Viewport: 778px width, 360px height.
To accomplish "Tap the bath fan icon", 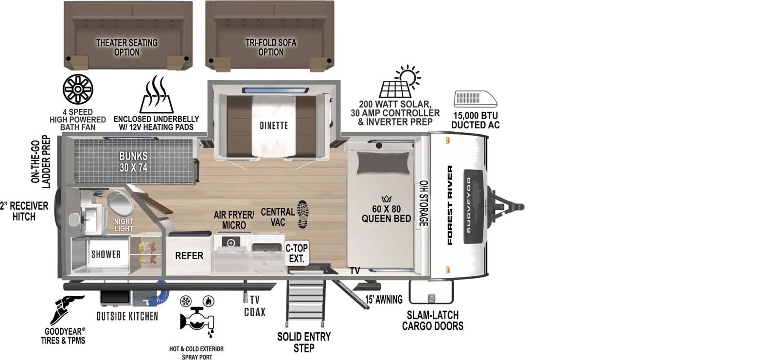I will pos(78,90).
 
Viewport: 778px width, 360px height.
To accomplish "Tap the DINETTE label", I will pos(273,126).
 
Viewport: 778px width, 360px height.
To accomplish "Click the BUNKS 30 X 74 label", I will pos(133,162).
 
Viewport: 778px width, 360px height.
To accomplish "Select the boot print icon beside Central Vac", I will pos(302,214).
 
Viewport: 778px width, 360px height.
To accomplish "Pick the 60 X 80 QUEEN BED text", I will pos(386,214).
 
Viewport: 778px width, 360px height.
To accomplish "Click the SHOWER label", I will pos(106,254).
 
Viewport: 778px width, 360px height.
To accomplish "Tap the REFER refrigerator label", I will pos(189,255).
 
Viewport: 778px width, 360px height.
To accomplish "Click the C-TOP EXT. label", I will pos(296,253).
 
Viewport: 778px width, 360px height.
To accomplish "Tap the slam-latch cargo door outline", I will pos(431,292).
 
